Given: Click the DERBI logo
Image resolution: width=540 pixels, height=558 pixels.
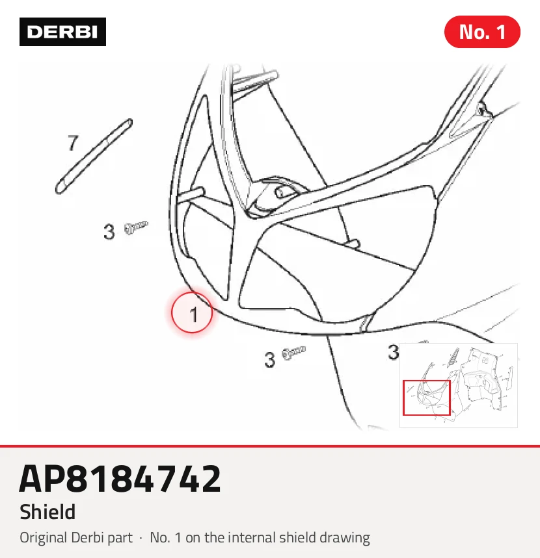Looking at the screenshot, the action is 62,32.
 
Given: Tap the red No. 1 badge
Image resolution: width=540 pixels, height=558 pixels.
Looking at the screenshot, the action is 482,32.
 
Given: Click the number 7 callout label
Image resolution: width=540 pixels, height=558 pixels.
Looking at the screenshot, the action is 73,143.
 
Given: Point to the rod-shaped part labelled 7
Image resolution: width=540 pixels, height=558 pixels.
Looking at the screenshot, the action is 94,157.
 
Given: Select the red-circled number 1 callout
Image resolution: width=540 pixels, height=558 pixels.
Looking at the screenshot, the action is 192,313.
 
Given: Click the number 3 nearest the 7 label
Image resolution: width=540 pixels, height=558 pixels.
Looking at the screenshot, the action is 109,232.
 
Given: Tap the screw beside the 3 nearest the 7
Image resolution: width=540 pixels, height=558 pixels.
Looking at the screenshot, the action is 136,227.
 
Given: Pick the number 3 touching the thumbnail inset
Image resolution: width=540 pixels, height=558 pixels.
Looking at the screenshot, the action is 393,352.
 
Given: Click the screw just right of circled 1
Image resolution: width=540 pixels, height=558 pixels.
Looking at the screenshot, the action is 293,352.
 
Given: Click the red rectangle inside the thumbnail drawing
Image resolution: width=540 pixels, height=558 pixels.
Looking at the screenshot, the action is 426,398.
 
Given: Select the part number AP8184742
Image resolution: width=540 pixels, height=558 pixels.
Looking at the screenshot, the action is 120,479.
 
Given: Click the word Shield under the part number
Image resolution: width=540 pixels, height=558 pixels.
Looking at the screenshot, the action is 47,512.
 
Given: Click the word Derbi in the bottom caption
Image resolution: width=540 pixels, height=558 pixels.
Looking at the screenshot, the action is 87,537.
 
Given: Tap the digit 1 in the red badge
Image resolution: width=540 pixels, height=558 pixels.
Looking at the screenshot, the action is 501,32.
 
